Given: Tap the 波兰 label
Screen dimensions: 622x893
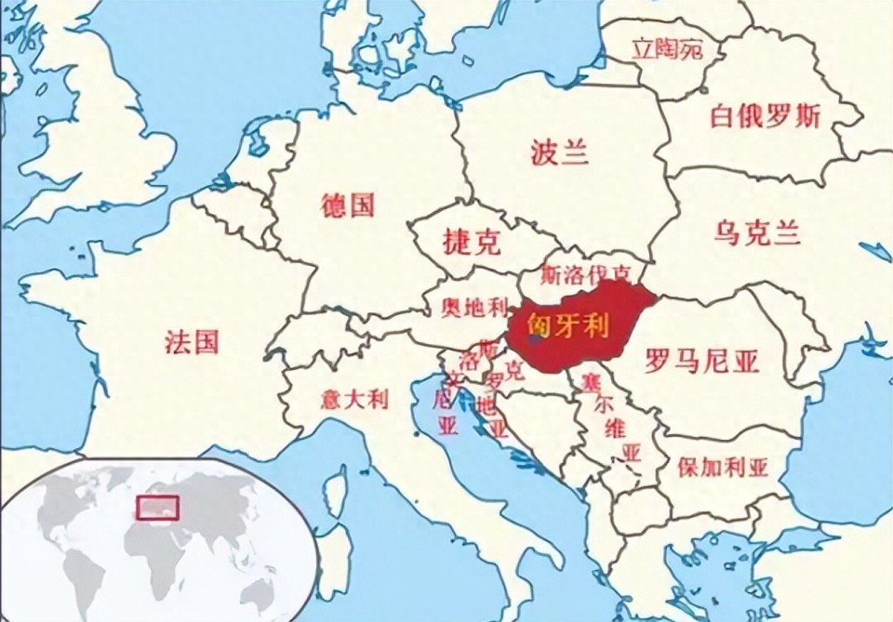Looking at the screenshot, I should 560,152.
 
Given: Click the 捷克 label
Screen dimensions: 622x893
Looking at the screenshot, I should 472,243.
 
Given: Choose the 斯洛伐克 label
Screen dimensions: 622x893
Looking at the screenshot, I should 586,274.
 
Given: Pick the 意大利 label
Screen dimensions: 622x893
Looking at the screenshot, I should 354,401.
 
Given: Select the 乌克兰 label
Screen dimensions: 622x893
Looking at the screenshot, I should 758,232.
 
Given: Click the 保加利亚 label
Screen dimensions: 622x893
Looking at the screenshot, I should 723,467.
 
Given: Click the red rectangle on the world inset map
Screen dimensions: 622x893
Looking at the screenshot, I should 157,508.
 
